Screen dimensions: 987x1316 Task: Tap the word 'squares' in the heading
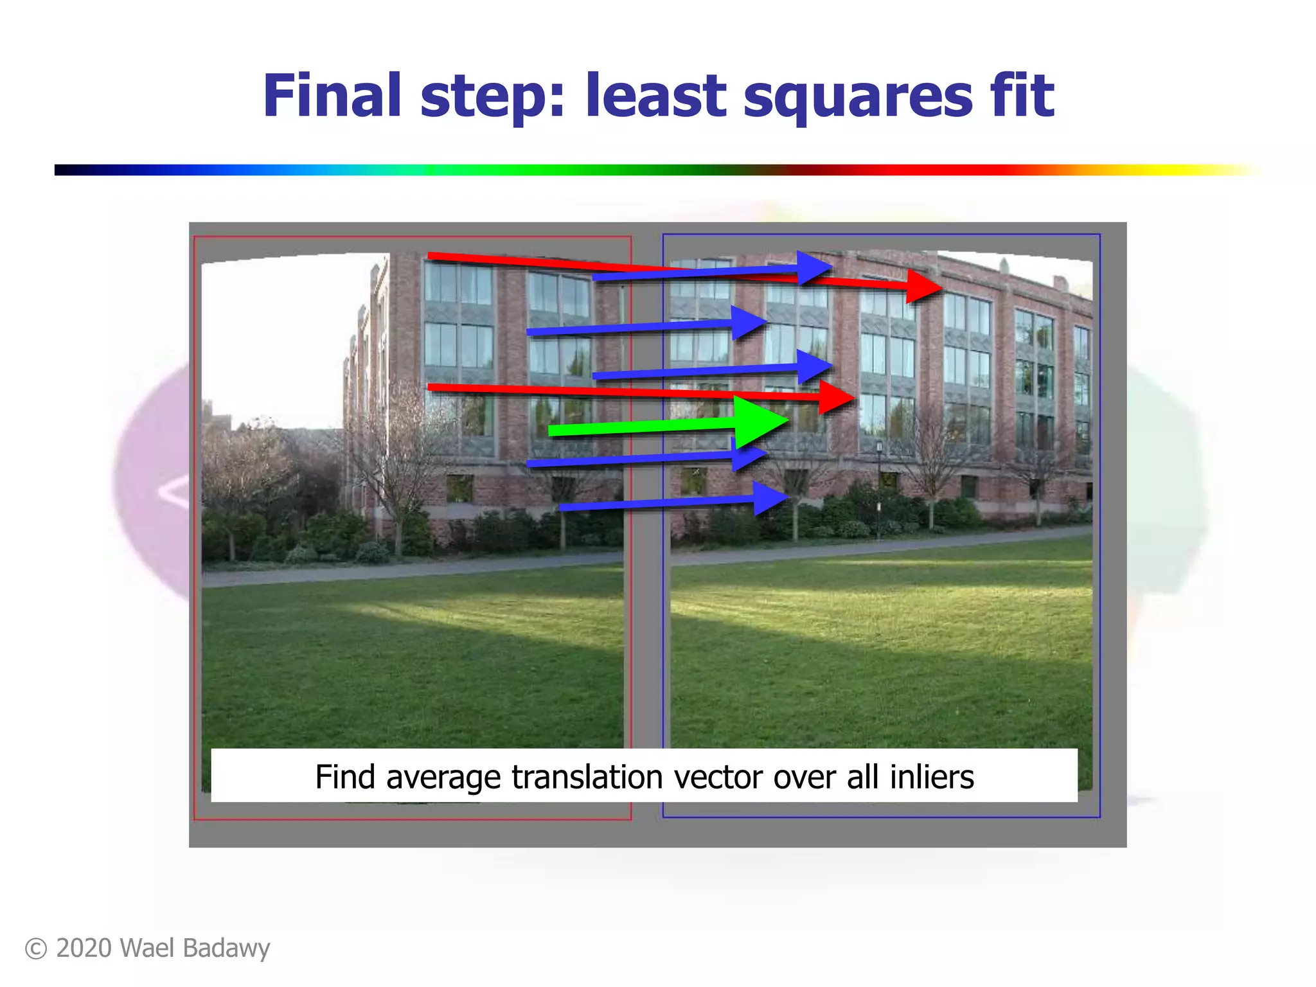(858, 96)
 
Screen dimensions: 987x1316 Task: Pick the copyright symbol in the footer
(36, 949)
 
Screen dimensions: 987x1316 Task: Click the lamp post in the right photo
(879, 488)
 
